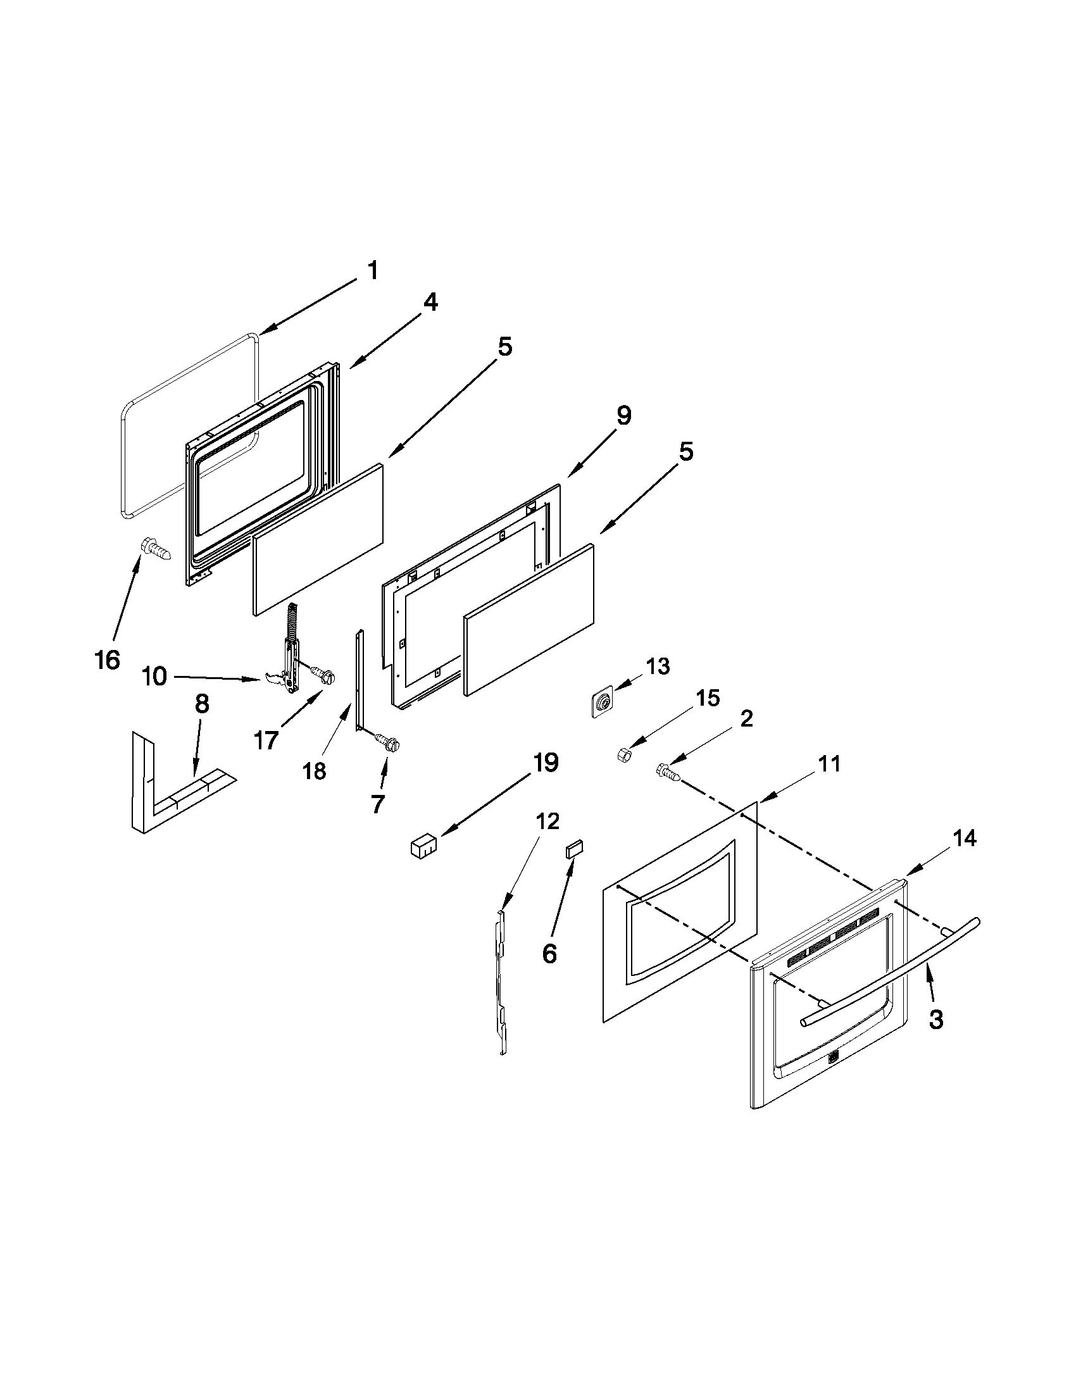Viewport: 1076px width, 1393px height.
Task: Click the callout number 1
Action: pyautogui.click(x=373, y=270)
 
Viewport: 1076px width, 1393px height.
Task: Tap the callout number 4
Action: pyautogui.click(x=430, y=302)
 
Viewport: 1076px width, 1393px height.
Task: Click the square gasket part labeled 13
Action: pyautogui.click(x=601, y=704)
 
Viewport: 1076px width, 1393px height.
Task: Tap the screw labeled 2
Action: pyautogui.click(x=666, y=773)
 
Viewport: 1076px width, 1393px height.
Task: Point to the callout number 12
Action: pyautogui.click(x=548, y=820)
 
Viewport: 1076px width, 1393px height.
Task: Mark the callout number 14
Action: pyautogui.click(x=965, y=839)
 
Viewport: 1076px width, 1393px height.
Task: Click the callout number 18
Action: pyautogui.click(x=315, y=771)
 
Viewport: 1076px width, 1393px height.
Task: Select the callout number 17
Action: pyautogui.click(x=266, y=740)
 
